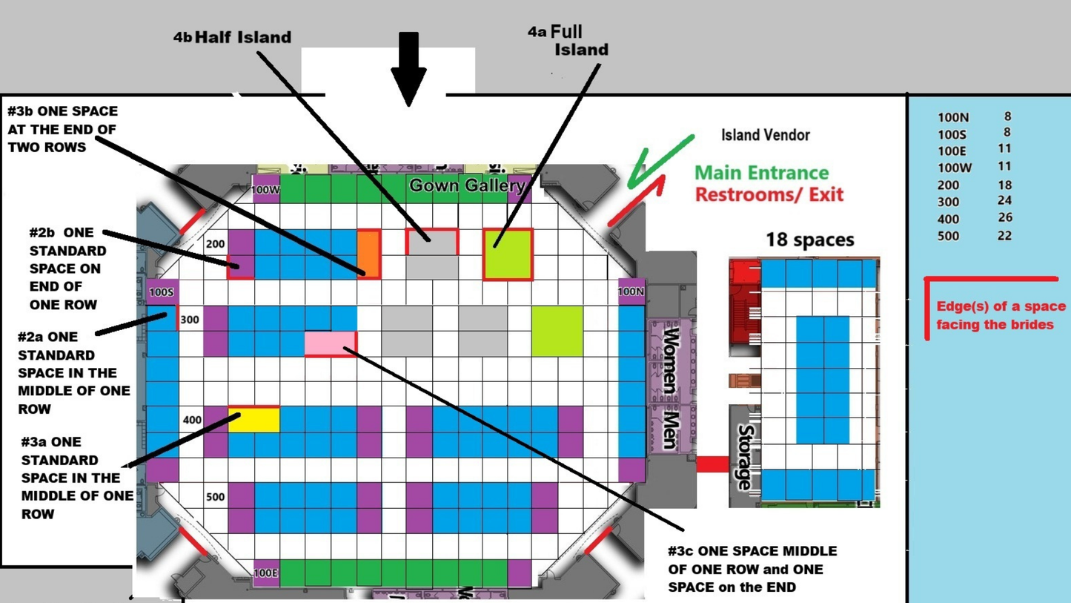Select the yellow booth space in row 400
click(254, 420)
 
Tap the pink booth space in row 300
click(331, 343)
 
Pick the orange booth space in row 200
click(369, 254)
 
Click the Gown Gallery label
click(467, 185)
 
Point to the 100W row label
click(265, 190)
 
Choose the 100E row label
click(265, 573)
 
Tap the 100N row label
click(631, 291)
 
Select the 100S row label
click(162, 292)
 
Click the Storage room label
click(745, 457)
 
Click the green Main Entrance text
click(761, 173)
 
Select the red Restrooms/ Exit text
click(769, 195)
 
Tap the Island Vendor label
click(765, 135)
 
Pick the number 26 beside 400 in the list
click(1004, 218)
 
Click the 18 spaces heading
click(809, 240)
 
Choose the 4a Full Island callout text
click(571, 41)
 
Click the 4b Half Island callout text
click(233, 37)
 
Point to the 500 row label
click(215, 497)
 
